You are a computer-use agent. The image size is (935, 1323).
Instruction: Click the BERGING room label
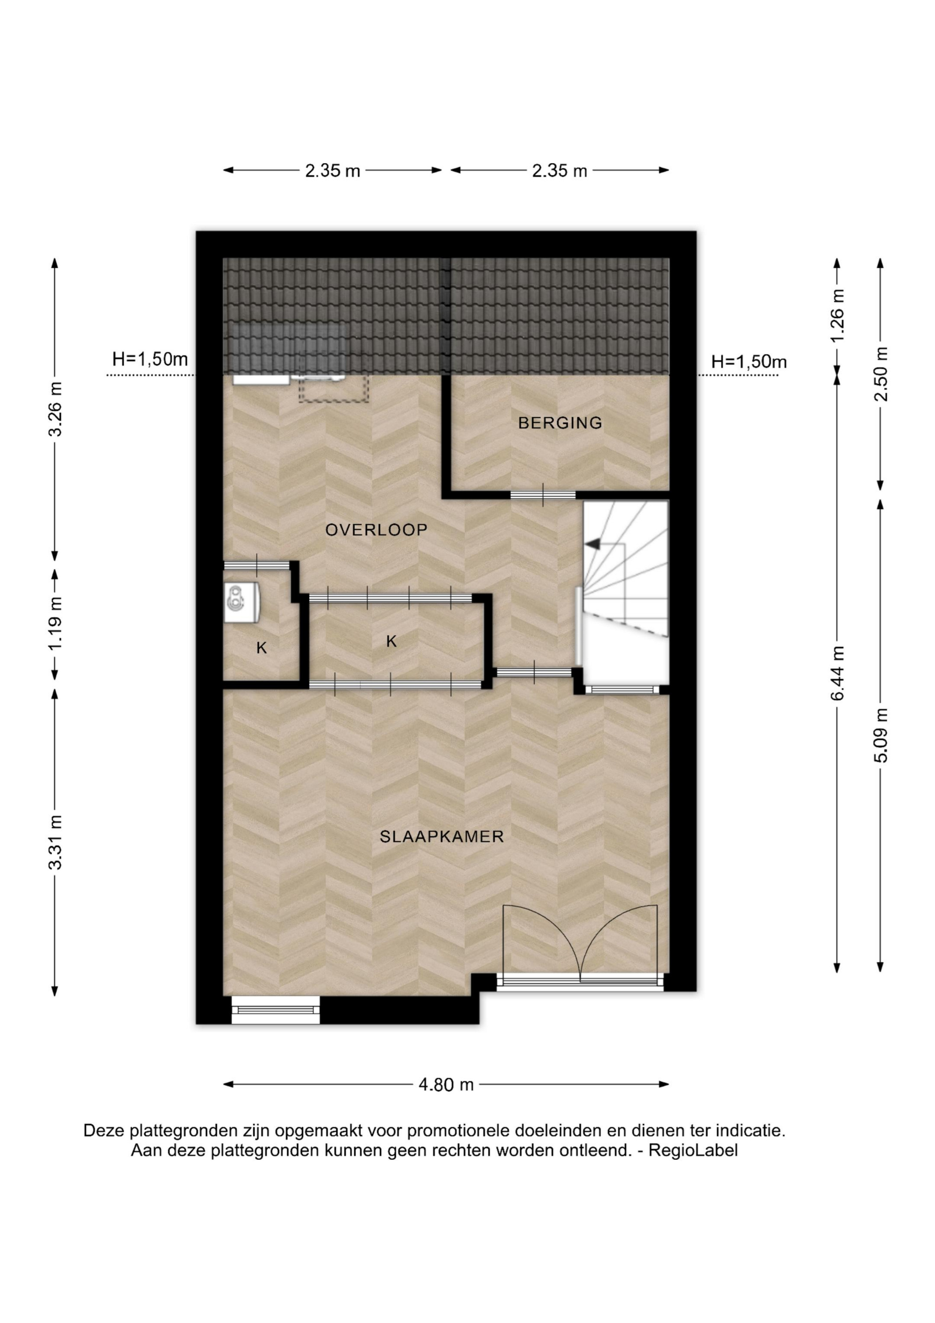tap(560, 423)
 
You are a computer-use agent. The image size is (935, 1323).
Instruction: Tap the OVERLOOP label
tap(376, 530)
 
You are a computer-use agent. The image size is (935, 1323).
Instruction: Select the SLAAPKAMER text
tap(441, 837)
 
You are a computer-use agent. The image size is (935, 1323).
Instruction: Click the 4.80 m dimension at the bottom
tap(446, 1085)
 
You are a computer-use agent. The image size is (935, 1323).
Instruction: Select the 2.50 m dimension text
tap(881, 375)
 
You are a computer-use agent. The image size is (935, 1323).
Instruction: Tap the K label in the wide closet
tap(392, 641)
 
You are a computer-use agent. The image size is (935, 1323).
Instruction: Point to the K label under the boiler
tap(261, 648)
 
